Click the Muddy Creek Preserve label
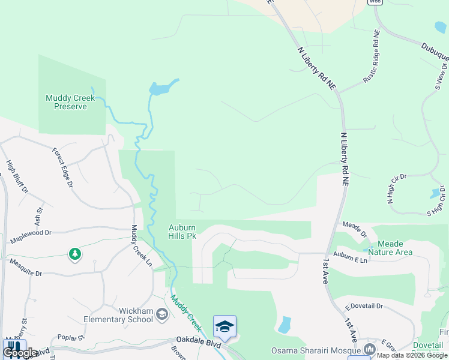[x=66, y=102]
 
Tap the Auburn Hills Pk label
[x=182, y=232]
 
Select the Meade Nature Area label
[x=394, y=248]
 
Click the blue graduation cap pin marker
[x=224, y=327]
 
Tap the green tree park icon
[x=74, y=255]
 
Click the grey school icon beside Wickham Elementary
[x=161, y=314]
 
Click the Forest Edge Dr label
[x=62, y=167]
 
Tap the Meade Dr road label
[x=354, y=229]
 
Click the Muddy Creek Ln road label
[x=141, y=246]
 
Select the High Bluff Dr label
[x=17, y=176]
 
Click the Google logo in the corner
[x=20, y=353]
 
